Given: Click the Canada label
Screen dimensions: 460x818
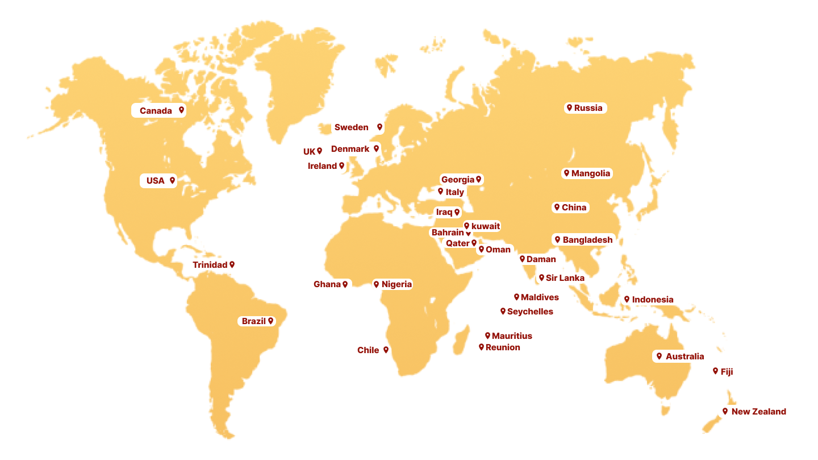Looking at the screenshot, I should [156, 111].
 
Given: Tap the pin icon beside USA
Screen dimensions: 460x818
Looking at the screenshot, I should [172, 181].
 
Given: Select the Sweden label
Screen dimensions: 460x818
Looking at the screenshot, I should [352, 127].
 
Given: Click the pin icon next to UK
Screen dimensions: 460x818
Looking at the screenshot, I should [320, 151].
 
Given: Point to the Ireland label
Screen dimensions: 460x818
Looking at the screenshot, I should [323, 166].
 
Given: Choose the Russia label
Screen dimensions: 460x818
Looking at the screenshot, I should [588, 108].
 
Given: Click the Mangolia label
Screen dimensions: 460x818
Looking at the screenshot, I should [591, 173].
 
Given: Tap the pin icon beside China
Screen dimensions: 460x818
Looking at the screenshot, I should [557, 208].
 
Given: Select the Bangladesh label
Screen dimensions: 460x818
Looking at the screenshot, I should [587, 240].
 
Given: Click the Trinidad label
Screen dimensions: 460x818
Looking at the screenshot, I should [210, 265].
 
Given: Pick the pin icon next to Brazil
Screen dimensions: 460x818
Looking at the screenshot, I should [271, 321].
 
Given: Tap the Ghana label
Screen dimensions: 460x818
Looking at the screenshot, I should [327, 284].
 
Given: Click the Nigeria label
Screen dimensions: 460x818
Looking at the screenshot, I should [397, 284].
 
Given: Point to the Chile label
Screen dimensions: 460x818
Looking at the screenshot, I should [368, 350].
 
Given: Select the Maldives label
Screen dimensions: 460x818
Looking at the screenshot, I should [540, 297].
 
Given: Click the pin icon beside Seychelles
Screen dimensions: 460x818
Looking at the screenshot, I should [503, 311].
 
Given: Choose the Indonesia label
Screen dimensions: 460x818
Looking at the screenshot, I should [653, 300].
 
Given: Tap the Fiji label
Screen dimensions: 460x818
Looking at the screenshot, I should [727, 372].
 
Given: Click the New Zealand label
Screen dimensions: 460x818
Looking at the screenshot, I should [759, 412].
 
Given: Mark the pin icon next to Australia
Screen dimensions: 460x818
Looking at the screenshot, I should [659, 356].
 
